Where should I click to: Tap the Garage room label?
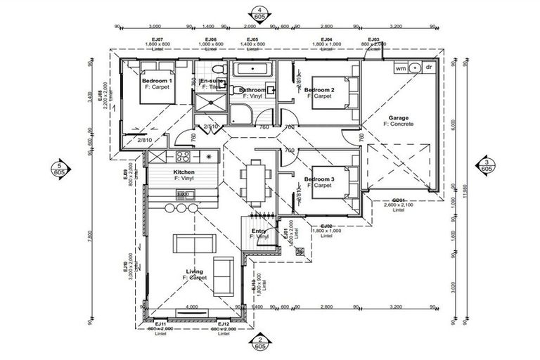click(x=398, y=120)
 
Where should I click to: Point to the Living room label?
click(x=194, y=271)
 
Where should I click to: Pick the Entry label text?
click(x=259, y=231)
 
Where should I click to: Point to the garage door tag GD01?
click(x=398, y=200)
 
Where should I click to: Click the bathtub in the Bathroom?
click(x=252, y=70)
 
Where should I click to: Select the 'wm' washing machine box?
click(x=400, y=68)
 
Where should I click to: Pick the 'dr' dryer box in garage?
click(x=427, y=68)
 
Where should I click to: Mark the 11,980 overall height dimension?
click(x=465, y=169)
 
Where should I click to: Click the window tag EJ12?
click(x=224, y=323)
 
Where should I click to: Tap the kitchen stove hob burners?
click(x=184, y=156)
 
